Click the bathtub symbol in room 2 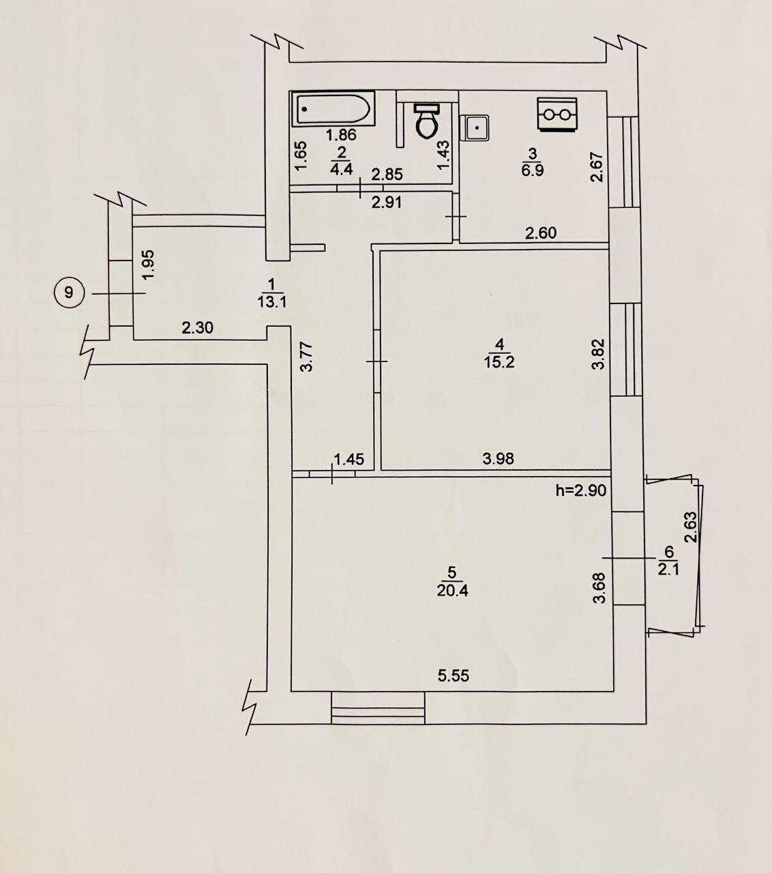[331, 108]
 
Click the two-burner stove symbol [556, 114]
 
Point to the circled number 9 [68, 293]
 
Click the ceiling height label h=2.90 [581, 490]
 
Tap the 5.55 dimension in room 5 [454, 675]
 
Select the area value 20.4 [452, 591]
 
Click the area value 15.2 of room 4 [499, 362]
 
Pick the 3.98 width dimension [499, 458]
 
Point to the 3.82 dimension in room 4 [598, 354]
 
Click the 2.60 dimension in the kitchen [541, 233]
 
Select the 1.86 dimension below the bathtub [341, 135]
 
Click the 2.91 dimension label [387, 202]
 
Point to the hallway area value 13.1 [272, 301]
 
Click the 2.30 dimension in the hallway [197, 328]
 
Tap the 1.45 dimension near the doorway [349, 460]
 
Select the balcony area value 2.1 [668, 570]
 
